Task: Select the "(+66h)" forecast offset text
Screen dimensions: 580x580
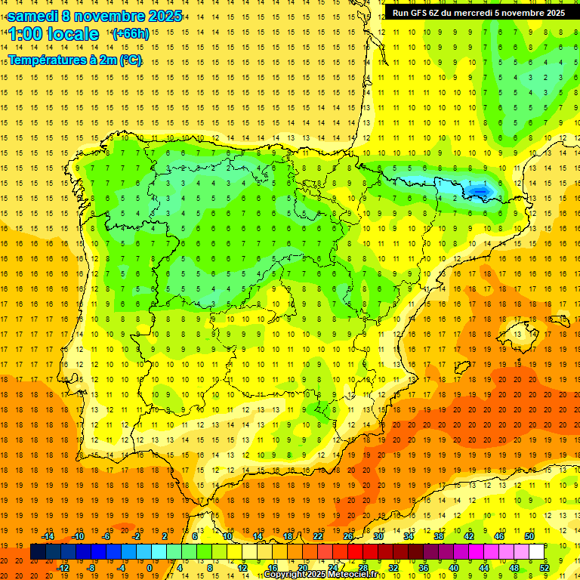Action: coord(130,34)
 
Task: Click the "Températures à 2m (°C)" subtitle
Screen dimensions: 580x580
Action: coord(75,60)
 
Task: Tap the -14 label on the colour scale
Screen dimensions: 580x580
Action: coord(48,536)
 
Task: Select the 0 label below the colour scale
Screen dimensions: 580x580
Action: coord(150,568)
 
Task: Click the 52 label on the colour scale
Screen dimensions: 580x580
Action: coord(545,568)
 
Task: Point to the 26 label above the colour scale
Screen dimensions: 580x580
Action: coord(348,536)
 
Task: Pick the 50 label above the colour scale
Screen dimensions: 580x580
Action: coord(529,536)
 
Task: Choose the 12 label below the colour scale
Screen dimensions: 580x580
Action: coord(242,568)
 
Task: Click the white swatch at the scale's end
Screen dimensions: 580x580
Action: coord(536,552)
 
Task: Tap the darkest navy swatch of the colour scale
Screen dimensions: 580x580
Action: coord(38,552)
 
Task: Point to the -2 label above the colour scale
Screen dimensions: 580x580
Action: coord(137,536)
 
